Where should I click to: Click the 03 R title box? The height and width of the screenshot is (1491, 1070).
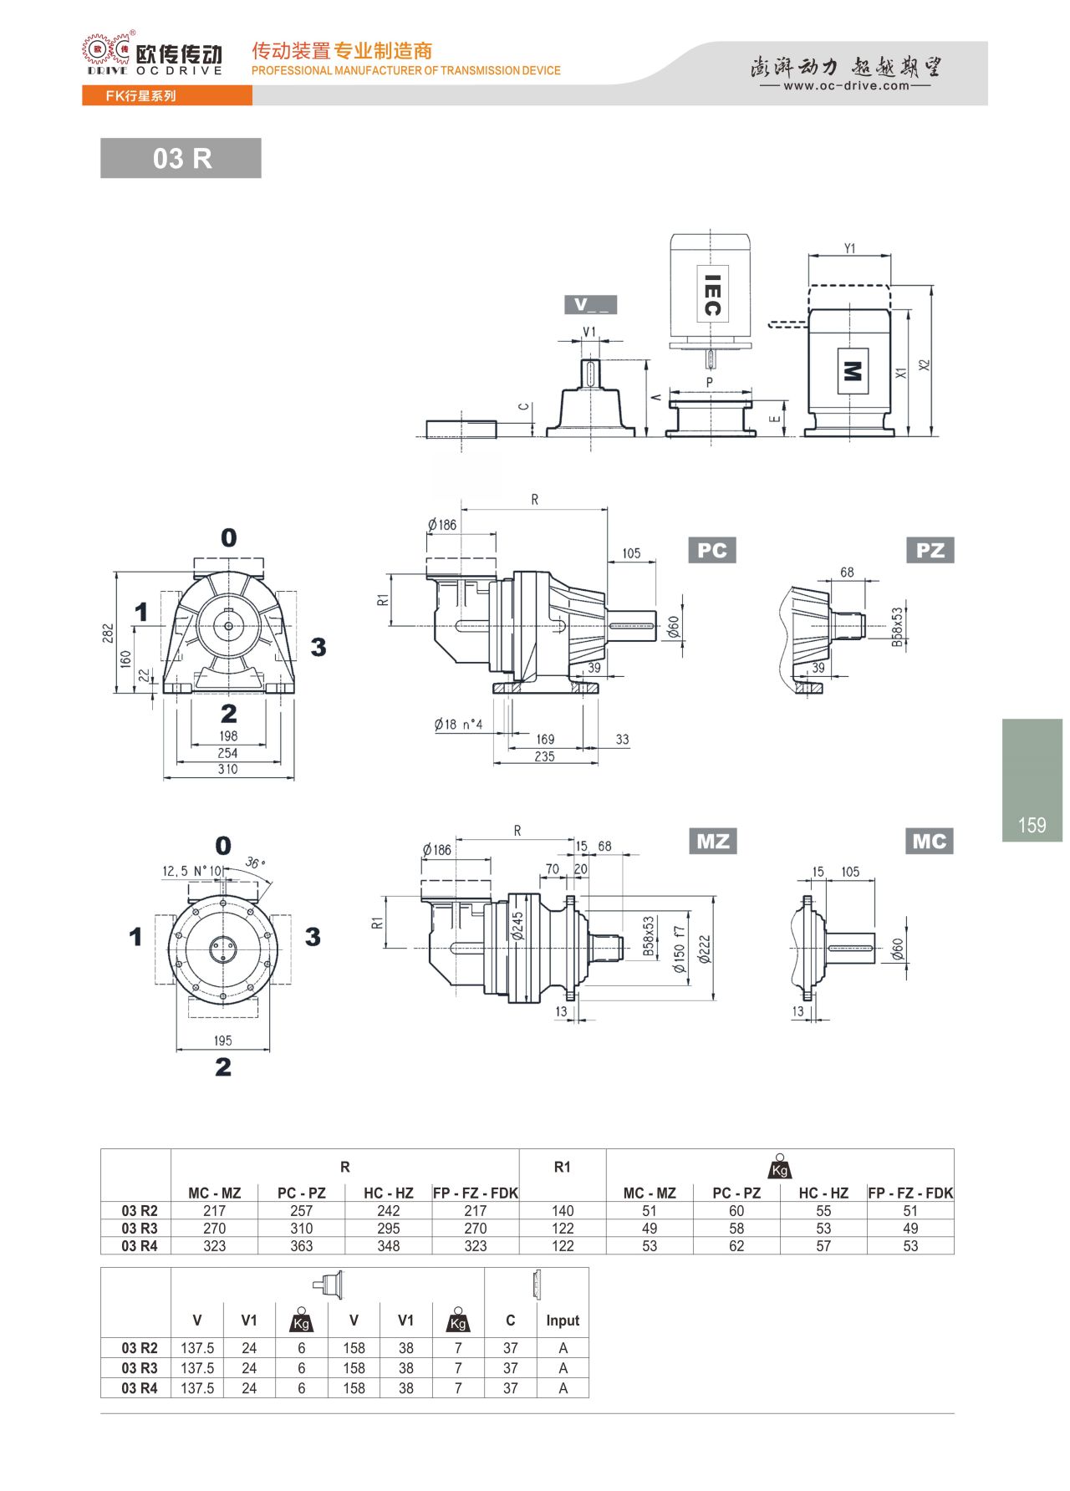[x=181, y=158]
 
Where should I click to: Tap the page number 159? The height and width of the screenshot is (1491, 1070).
[x=1032, y=825]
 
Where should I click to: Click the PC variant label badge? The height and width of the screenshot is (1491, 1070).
[x=711, y=550]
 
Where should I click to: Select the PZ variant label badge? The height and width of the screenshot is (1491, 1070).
[x=930, y=550]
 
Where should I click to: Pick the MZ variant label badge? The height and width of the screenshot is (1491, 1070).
[x=712, y=841]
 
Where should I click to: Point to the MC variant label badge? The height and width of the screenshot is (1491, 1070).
[x=929, y=841]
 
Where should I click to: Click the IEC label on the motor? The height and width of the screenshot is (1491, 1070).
[x=712, y=295]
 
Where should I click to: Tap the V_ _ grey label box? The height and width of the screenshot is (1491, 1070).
[x=591, y=304]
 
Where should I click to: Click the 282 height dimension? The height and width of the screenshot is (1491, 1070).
[x=108, y=633]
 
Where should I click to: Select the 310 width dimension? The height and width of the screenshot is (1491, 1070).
[x=228, y=769]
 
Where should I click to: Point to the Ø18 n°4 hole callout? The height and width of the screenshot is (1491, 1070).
[x=458, y=725]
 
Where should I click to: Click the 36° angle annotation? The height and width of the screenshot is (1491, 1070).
[x=255, y=863]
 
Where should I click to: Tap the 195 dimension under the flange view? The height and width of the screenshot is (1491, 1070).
[x=222, y=1041]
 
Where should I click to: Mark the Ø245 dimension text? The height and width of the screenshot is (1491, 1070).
[x=517, y=926]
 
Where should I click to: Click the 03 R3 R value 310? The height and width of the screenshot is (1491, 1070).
[x=301, y=1229]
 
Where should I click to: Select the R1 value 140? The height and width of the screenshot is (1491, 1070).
[x=563, y=1211]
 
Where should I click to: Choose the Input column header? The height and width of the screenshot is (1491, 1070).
[x=563, y=1321]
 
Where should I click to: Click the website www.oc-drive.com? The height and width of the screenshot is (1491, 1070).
[x=846, y=85]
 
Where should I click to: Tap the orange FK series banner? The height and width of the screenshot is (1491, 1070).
[x=167, y=96]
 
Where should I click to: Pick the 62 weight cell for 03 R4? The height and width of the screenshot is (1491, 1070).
[x=736, y=1246]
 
